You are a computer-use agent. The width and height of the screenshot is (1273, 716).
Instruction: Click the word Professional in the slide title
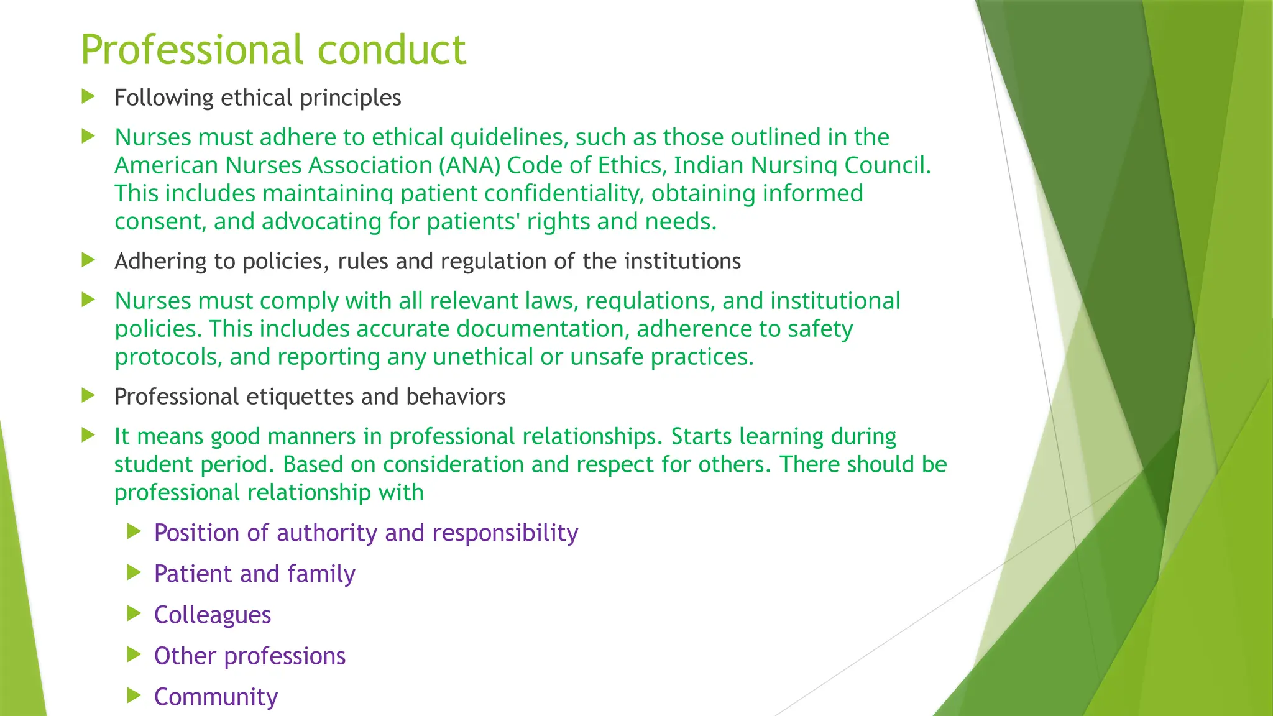click(x=193, y=50)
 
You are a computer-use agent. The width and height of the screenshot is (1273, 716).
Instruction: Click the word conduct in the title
click(x=392, y=50)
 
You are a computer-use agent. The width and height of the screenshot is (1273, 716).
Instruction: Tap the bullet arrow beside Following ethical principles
click(x=88, y=96)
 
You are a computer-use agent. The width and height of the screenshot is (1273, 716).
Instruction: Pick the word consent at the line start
click(x=160, y=222)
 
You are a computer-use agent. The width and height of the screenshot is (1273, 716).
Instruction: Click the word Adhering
click(x=160, y=262)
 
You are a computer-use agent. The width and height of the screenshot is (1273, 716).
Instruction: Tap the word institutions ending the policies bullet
click(x=682, y=262)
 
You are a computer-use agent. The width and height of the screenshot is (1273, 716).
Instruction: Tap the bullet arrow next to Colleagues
click(x=134, y=614)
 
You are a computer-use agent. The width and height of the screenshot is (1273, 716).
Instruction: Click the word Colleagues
click(x=213, y=615)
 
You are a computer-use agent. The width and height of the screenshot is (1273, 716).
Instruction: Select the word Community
click(x=216, y=697)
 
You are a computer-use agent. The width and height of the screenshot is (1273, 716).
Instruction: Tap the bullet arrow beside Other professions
click(x=134, y=654)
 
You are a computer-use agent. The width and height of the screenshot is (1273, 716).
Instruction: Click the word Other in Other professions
click(x=185, y=656)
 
